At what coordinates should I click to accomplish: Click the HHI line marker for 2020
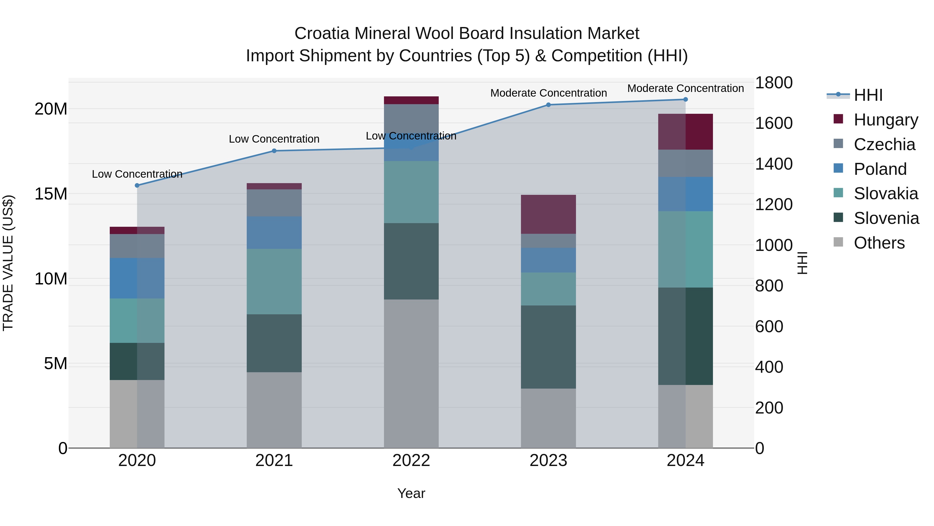(137, 185)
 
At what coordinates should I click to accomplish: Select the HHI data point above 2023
(548, 105)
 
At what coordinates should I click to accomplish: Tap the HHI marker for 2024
(685, 99)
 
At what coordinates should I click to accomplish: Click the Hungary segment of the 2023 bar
(548, 214)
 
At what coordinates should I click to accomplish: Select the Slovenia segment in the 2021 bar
(274, 343)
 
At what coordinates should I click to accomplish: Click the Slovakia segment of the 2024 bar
(685, 249)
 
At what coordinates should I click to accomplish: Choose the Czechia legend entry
(884, 144)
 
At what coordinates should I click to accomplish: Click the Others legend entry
(879, 243)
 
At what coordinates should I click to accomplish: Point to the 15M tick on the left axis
(51, 194)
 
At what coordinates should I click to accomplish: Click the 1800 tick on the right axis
(774, 83)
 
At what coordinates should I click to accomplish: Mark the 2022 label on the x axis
(411, 461)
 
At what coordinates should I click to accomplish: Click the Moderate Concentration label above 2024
(685, 88)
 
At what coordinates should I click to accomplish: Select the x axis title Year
(411, 493)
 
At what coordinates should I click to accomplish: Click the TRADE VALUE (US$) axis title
(8, 263)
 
